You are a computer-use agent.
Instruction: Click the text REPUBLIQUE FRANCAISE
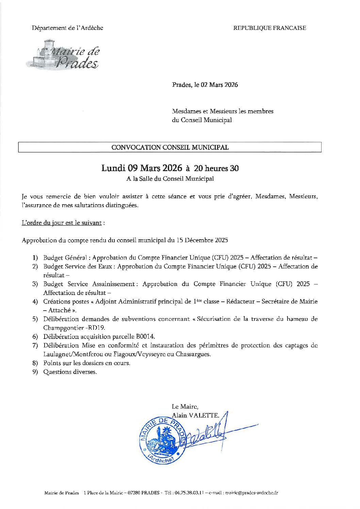[x=269, y=28]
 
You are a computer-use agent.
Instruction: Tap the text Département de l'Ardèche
[x=67, y=28]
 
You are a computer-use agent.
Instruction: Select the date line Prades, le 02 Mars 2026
[x=205, y=85]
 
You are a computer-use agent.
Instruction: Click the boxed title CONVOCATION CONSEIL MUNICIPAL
[x=170, y=147]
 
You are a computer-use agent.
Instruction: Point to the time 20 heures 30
[x=216, y=168]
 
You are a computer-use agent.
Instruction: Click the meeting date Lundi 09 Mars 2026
[x=142, y=168]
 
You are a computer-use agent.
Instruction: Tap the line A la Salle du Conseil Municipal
[x=170, y=179]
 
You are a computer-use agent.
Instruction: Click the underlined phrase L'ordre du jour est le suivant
[x=62, y=223]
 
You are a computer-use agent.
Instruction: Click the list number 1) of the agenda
[x=35, y=258]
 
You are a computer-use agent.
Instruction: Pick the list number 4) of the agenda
[x=35, y=301]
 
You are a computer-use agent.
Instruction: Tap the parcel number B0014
[x=145, y=336]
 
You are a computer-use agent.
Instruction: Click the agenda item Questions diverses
[x=70, y=372]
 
